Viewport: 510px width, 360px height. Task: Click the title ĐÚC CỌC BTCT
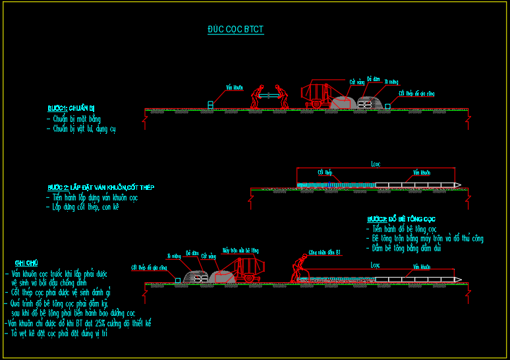coord(235,30)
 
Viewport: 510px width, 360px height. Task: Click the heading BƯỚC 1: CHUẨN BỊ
coord(72,108)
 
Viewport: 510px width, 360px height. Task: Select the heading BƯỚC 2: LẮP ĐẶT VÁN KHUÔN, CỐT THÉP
coord(101,187)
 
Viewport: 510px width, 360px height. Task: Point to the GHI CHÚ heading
coord(26,263)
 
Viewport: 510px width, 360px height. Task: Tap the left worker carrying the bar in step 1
coord(255,96)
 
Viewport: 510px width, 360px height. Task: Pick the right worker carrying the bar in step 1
coord(283,96)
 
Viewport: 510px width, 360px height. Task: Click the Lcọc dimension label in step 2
coord(376,164)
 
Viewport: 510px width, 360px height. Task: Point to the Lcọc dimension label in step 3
coord(376,264)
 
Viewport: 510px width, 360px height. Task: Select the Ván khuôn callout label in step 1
coord(234,87)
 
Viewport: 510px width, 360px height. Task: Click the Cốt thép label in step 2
coord(324,173)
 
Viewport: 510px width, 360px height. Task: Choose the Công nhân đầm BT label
coord(324,252)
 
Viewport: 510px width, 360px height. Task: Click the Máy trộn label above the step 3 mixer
coord(240,251)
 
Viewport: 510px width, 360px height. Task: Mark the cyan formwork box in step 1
coord(211,105)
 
